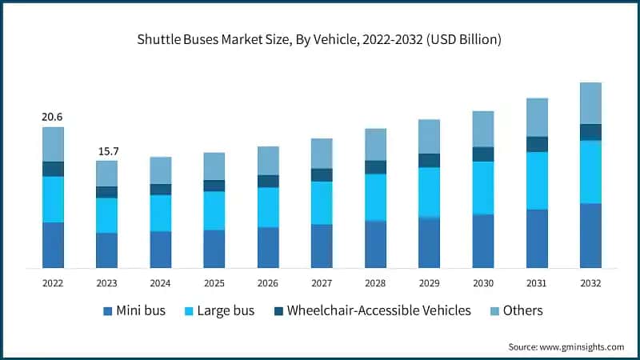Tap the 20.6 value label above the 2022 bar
tap(53, 118)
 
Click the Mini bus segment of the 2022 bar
tap(53, 245)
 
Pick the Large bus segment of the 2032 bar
tap(590, 172)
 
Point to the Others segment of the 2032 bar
tap(590, 103)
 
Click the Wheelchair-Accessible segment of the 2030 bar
tap(483, 154)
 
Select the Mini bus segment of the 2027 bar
tap(322, 246)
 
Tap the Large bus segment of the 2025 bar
tap(214, 210)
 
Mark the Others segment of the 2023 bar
tap(106, 174)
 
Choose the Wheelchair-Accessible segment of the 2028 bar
tap(375, 167)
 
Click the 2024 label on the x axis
tap(160, 282)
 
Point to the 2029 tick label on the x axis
tap(429, 282)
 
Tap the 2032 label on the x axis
tap(590, 282)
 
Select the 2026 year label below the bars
tap(268, 282)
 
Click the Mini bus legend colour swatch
tap(108, 311)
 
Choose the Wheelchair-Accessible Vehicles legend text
tap(379, 310)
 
